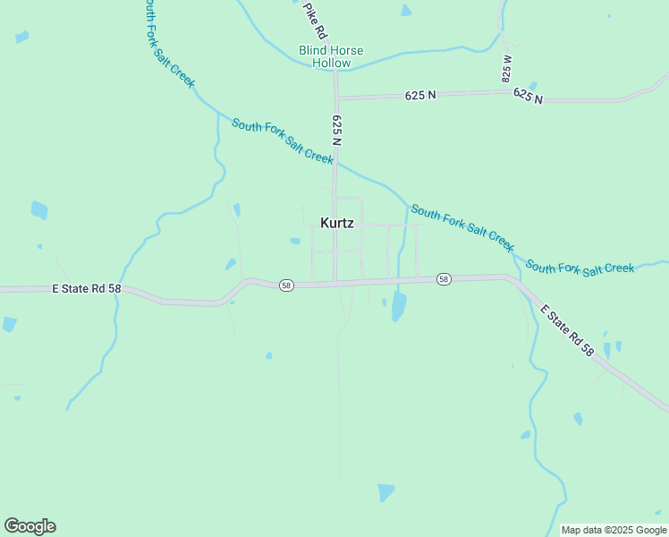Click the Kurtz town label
(x=337, y=223)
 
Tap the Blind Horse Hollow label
(x=331, y=57)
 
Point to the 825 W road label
(x=507, y=69)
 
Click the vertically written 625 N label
(x=337, y=129)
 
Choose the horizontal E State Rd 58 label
(x=86, y=289)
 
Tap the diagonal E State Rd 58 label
(x=567, y=330)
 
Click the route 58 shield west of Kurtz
(x=285, y=285)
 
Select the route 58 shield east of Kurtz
(x=444, y=280)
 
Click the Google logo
(x=30, y=526)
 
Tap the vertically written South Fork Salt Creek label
(x=167, y=43)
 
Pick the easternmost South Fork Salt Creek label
(x=580, y=267)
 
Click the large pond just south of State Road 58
(x=399, y=307)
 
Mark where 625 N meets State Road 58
(x=336, y=283)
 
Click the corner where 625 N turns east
(x=336, y=98)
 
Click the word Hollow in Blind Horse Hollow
(x=331, y=64)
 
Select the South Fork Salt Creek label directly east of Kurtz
(x=462, y=228)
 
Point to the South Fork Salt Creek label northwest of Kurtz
(x=283, y=141)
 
